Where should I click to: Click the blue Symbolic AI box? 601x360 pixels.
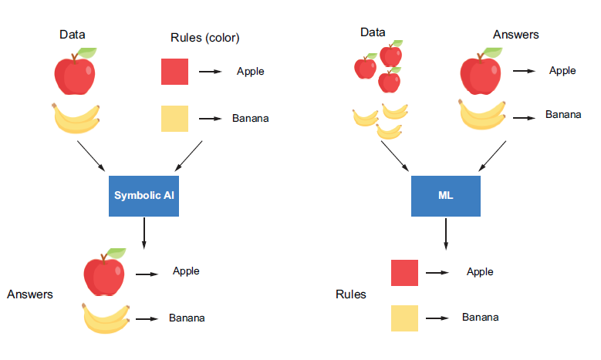click(x=144, y=195)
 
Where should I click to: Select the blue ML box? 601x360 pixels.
click(x=445, y=195)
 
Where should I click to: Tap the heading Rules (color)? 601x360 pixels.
click(x=205, y=38)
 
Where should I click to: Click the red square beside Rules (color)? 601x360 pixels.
click(x=174, y=72)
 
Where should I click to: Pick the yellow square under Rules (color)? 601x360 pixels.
click(x=174, y=119)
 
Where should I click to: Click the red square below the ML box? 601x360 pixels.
click(x=404, y=272)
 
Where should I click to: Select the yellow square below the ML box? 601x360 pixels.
click(x=404, y=318)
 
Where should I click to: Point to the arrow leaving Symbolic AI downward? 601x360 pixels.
click(x=144, y=232)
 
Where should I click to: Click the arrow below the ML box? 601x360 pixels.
click(x=445, y=232)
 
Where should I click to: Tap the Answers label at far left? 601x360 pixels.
click(x=29, y=294)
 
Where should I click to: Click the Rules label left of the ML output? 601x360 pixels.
click(x=351, y=294)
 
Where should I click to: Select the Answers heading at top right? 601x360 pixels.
click(x=515, y=35)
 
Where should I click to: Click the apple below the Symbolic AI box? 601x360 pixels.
click(x=104, y=273)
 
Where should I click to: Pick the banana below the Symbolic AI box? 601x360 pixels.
click(x=106, y=318)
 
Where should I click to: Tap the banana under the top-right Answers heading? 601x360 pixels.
click(x=483, y=114)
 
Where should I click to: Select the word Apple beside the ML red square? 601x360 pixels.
click(x=480, y=271)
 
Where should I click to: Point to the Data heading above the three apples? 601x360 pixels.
click(x=373, y=32)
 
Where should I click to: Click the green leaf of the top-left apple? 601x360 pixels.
click(x=88, y=52)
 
